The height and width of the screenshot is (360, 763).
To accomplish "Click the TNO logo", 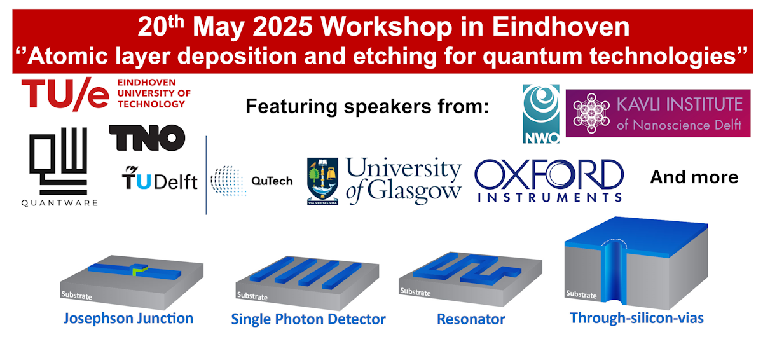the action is click(x=147, y=137).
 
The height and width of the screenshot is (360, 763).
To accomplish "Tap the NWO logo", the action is click(x=541, y=114).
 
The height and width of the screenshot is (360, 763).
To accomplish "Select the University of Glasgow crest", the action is click(x=322, y=181).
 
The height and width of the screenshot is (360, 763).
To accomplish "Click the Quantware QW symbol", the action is click(x=58, y=160).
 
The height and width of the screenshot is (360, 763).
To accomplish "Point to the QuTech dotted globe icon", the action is click(x=228, y=181).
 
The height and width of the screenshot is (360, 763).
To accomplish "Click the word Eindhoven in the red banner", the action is click(x=560, y=27).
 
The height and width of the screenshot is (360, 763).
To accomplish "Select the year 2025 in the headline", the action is click(x=282, y=27).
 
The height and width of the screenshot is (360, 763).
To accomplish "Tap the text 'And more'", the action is click(x=694, y=177).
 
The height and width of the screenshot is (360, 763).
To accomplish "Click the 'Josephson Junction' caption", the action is click(x=128, y=319).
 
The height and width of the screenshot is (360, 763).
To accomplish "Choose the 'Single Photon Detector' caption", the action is click(x=308, y=319).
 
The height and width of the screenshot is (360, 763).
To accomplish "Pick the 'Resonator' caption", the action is click(x=471, y=319).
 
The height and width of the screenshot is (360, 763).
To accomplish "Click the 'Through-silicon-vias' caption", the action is click(x=636, y=318).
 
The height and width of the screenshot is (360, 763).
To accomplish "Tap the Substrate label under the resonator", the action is click(x=415, y=292).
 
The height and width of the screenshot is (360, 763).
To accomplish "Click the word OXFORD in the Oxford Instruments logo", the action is click(x=549, y=174).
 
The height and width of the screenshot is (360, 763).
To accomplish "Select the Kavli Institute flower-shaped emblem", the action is click(x=591, y=113).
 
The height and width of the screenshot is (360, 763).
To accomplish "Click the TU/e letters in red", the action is click(x=65, y=93).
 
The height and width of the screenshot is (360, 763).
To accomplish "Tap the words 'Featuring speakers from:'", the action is click(x=368, y=107).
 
